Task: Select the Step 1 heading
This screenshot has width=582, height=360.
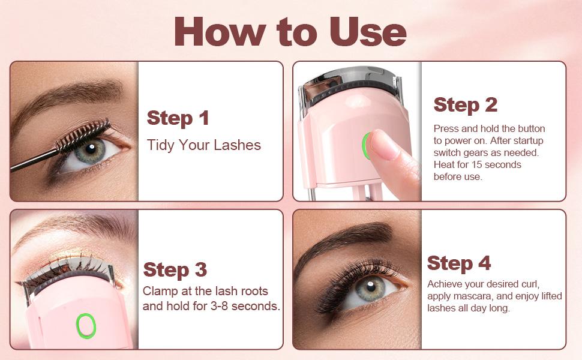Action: click(x=178, y=118)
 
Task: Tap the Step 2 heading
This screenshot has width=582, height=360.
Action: click(x=465, y=104)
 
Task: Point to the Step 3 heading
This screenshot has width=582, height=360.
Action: click(x=175, y=269)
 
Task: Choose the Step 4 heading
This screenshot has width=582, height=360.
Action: click(x=458, y=263)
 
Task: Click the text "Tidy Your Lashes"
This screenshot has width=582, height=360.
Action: click(x=204, y=145)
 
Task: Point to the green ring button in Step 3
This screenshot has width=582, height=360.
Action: click(x=86, y=325)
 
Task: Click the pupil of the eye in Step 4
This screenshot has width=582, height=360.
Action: click(x=370, y=286)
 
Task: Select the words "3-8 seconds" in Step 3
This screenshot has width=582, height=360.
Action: click(x=248, y=306)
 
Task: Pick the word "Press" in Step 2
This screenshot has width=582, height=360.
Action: click(x=446, y=128)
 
